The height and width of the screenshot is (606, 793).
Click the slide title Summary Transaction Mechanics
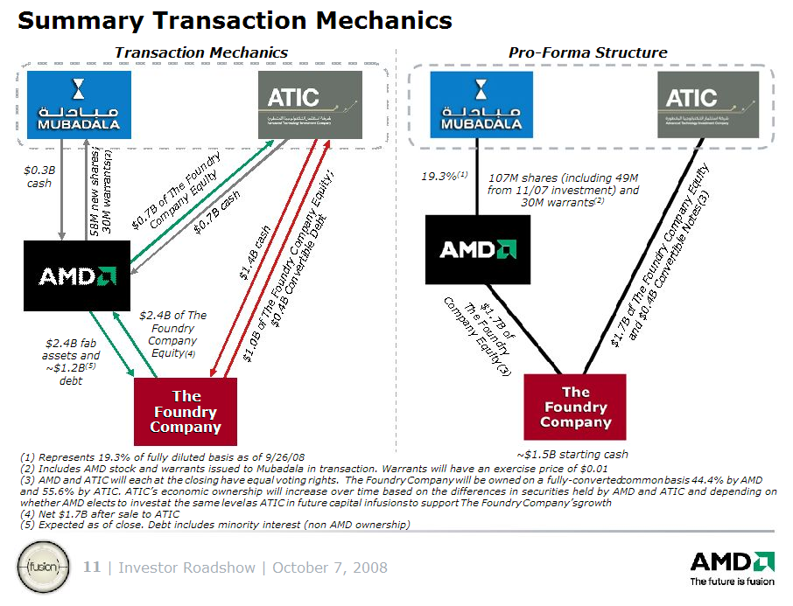coord(235,20)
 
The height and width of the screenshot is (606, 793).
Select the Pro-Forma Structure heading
coord(587,52)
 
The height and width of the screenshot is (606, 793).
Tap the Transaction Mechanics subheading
coord(200,52)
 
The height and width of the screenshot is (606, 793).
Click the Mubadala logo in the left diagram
coord(78,104)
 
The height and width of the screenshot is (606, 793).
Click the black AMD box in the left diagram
coord(77,275)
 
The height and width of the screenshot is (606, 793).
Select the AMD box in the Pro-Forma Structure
coord(477,249)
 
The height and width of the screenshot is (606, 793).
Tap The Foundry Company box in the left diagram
coord(186,412)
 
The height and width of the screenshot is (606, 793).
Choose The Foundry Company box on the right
coord(575,407)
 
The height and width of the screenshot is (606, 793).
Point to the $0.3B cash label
coord(39,177)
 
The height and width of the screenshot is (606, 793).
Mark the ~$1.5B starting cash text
coord(572,454)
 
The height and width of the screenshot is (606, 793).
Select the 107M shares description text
coord(564,189)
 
